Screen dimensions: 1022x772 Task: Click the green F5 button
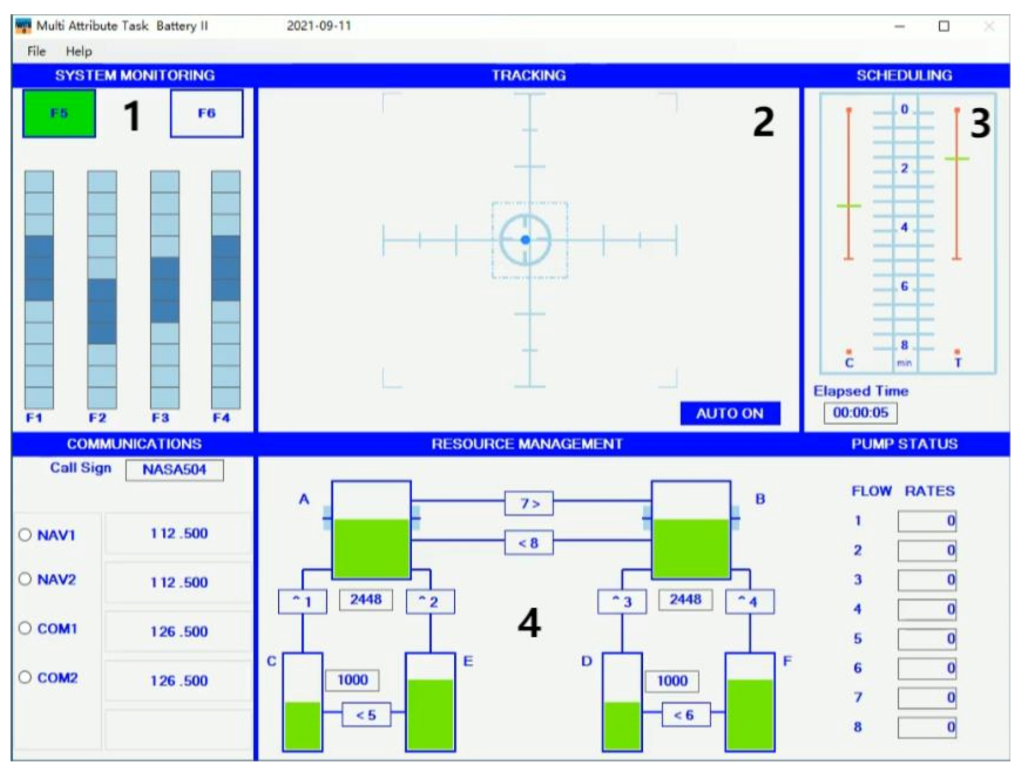(59, 113)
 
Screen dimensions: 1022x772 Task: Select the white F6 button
(206, 113)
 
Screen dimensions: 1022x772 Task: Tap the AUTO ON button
(730, 413)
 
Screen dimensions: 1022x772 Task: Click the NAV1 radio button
(25, 535)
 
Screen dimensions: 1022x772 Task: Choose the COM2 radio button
(25, 677)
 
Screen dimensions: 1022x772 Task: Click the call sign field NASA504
(175, 469)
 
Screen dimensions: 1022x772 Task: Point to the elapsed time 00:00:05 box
(860, 413)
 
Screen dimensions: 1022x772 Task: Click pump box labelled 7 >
(529, 504)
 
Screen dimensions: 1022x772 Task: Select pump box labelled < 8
(529, 543)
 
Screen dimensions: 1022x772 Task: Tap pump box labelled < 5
(366, 715)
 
